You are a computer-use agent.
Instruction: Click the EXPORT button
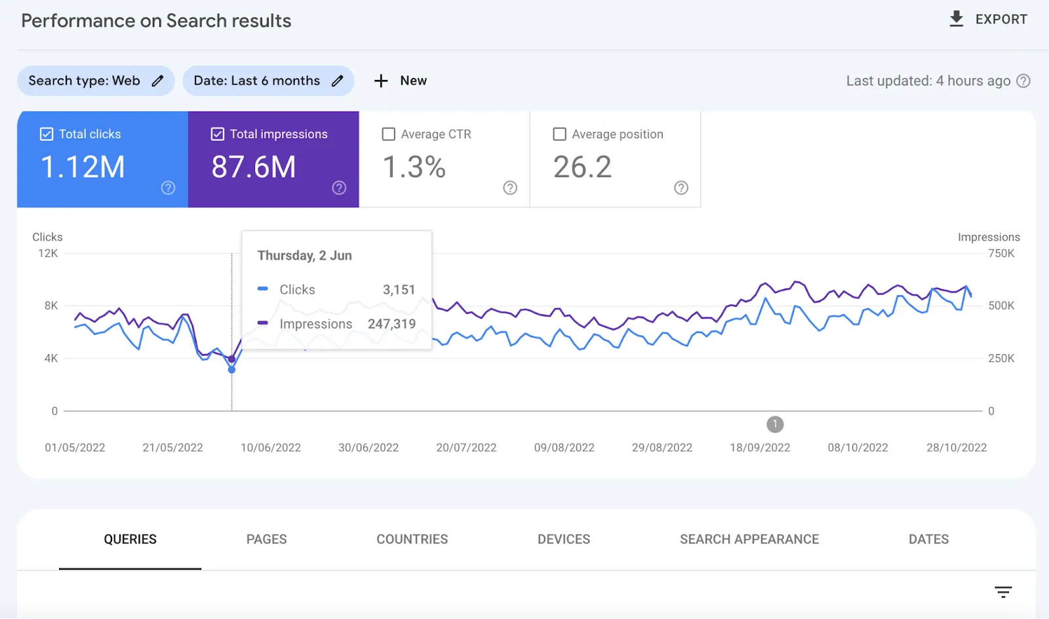(988, 19)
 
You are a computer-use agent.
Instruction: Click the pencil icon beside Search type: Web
(157, 81)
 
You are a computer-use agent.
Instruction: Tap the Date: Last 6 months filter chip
(267, 81)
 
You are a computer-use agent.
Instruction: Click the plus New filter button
(400, 81)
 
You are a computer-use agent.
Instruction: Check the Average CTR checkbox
(389, 134)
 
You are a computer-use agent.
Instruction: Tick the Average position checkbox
(560, 134)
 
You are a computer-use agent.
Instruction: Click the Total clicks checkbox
(47, 134)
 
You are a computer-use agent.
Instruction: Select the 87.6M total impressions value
(254, 167)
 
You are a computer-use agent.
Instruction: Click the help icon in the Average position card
(681, 188)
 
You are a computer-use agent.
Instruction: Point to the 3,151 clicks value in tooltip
(399, 290)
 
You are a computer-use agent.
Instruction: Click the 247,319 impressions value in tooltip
(391, 324)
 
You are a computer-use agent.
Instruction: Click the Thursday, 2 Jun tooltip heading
(304, 256)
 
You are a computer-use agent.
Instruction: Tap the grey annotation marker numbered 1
(775, 424)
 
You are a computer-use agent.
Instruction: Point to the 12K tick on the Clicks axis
(48, 254)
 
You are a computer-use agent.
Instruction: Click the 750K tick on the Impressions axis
(1001, 254)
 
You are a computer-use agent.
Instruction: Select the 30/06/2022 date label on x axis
(368, 448)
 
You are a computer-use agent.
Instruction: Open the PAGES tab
(266, 539)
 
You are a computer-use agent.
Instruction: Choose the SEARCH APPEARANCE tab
(749, 539)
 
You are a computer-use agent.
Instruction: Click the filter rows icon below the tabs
(1003, 592)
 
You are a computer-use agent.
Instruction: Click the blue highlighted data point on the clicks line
(231, 370)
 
